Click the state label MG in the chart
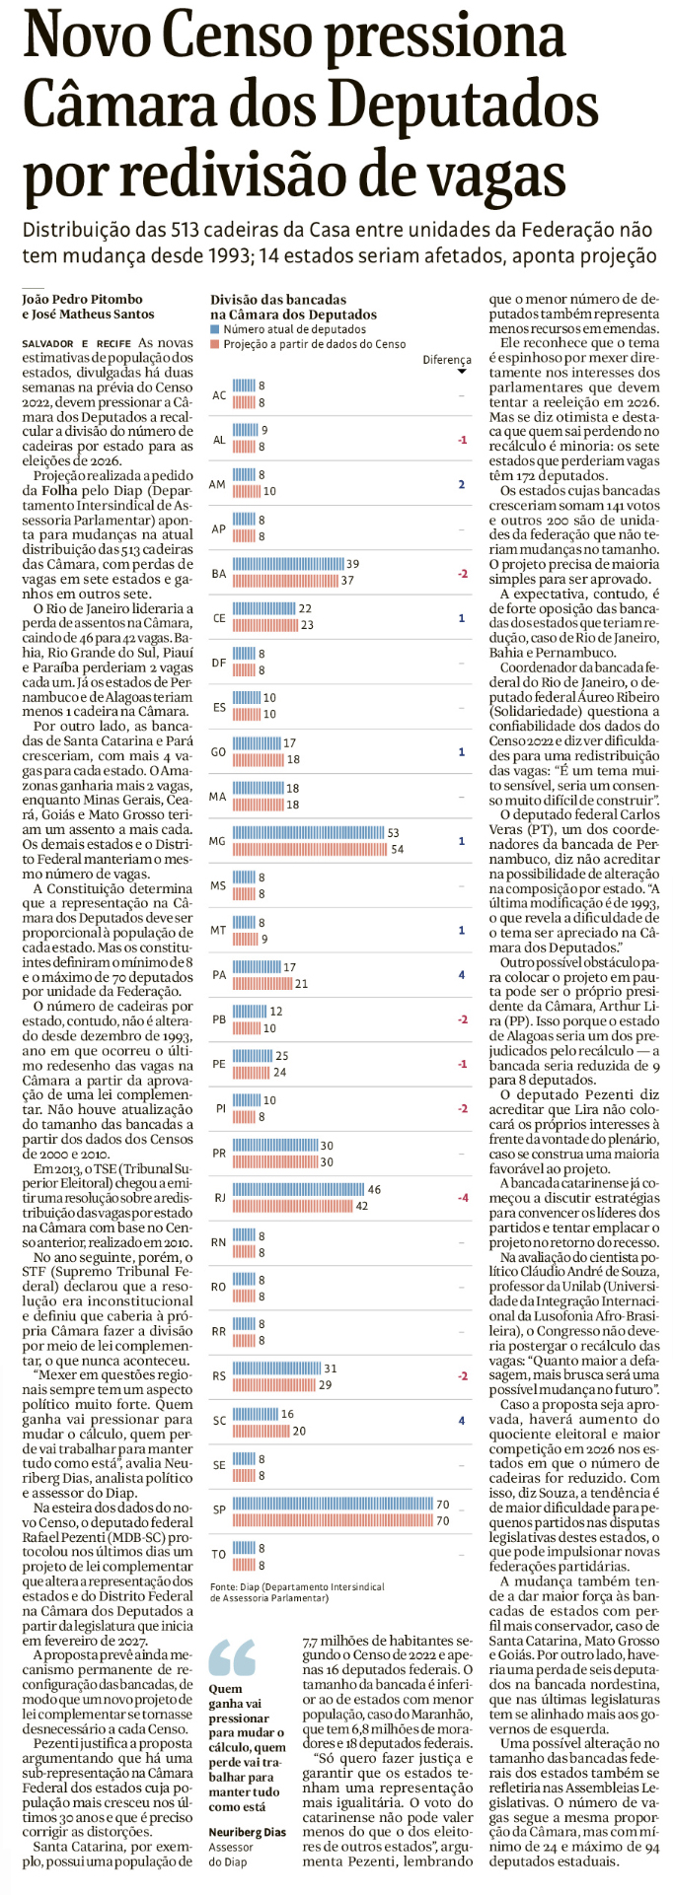tap(218, 841)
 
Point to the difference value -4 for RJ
tap(462, 1198)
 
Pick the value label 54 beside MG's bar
tap(397, 849)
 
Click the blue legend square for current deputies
tap(214, 329)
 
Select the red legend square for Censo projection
tap(214, 344)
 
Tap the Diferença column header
tap(447, 361)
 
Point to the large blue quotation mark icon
tap(233, 1657)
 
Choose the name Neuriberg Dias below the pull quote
tap(247, 1832)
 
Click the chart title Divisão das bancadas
tap(278, 299)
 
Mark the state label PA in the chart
tap(218, 975)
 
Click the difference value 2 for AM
tap(461, 484)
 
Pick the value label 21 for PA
tap(302, 983)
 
